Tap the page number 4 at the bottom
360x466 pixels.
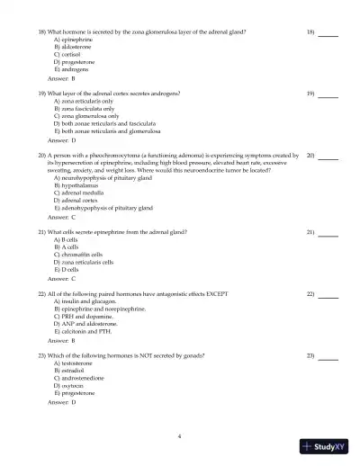(180, 435)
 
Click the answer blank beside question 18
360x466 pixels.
(328, 32)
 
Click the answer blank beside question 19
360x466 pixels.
(328, 94)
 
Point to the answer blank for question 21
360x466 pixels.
(328, 233)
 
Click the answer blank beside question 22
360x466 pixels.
(328, 295)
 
